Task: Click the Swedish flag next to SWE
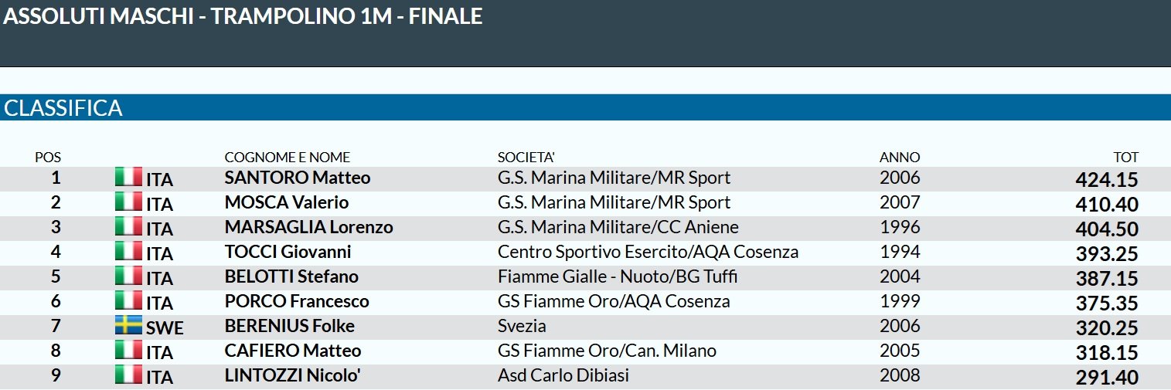pyautogui.click(x=128, y=325)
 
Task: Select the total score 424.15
pyautogui.click(x=1107, y=180)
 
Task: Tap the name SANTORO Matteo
pyautogui.click(x=297, y=178)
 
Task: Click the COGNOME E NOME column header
pyautogui.click(x=287, y=158)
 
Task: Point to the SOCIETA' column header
pyautogui.click(x=526, y=158)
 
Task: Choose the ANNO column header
pyautogui.click(x=899, y=158)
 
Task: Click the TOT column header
pyautogui.click(x=1125, y=158)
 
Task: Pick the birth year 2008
pyautogui.click(x=900, y=375)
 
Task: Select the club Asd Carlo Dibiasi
pyautogui.click(x=563, y=375)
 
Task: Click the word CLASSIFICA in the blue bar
pyautogui.click(x=63, y=108)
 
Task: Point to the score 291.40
pyautogui.click(x=1107, y=378)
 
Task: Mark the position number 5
pyautogui.click(x=56, y=276)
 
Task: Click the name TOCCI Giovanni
pyautogui.click(x=288, y=252)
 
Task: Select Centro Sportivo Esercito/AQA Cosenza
pyautogui.click(x=648, y=252)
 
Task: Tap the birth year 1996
pyautogui.click(x=900, y=227)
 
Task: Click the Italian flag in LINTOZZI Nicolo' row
pyautogui.click(x=128, y=375)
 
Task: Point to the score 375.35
pyautogui.click(x=1107, y=304)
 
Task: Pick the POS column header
pyautogui.click(x=48, y=158)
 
